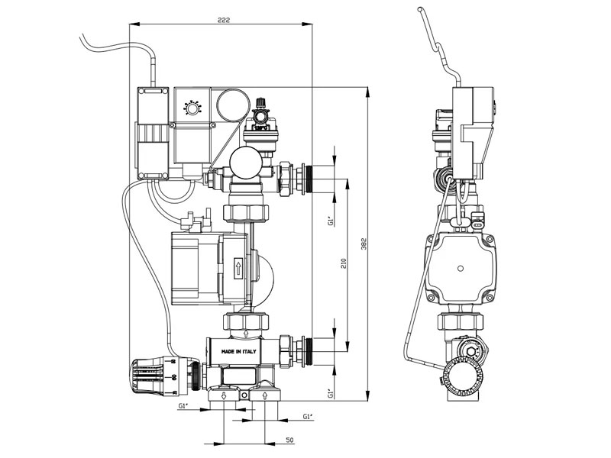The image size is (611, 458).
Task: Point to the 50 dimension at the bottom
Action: click(289, 440)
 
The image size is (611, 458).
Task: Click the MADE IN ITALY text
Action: click(238, 352)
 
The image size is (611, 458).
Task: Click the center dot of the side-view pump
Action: click(461, 269)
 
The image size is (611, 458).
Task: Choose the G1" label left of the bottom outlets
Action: click(183, 406)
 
